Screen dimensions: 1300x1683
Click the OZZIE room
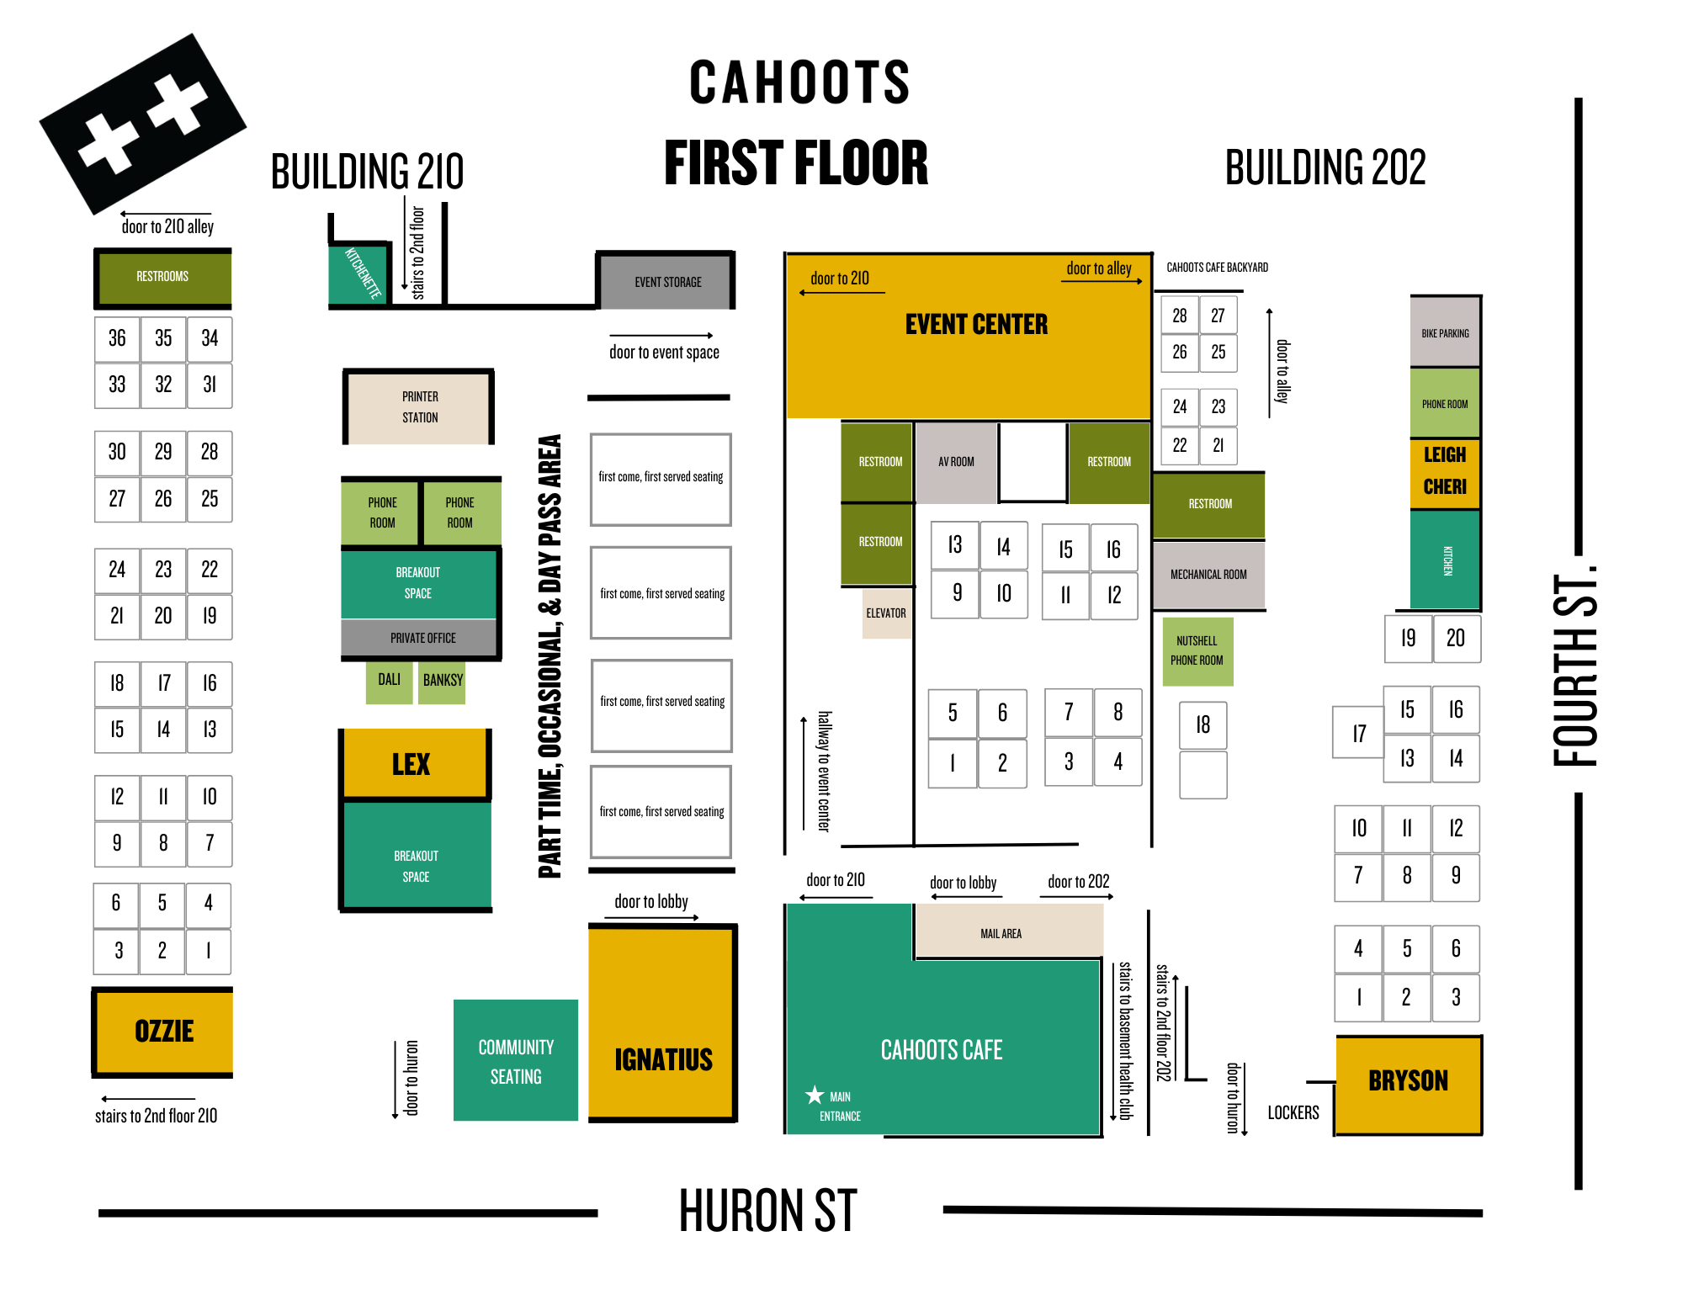pos(163,1031)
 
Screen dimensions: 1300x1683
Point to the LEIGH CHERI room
pos(1444,472)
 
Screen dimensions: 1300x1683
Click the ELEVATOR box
pos(886,613)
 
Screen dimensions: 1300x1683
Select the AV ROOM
pos(956,462)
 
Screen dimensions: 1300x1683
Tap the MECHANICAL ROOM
pos(1208,575)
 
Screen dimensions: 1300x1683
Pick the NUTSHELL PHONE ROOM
pos(1197,650)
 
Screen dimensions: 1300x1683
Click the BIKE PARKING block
pos(1445,332)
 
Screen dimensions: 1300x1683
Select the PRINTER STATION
pos(419,407)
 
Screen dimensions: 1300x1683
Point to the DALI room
pos(389,680)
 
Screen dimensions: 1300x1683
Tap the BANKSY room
pos(443,681)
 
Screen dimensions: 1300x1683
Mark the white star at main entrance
pos(814,1095)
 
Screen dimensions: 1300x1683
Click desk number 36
pos(117,338)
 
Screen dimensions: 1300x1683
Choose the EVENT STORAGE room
pos(667,282)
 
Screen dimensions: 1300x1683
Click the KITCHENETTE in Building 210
pos(361,273)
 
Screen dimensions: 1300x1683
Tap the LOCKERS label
pos(1293,1112)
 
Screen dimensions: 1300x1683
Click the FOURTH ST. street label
pos(1573,669)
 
